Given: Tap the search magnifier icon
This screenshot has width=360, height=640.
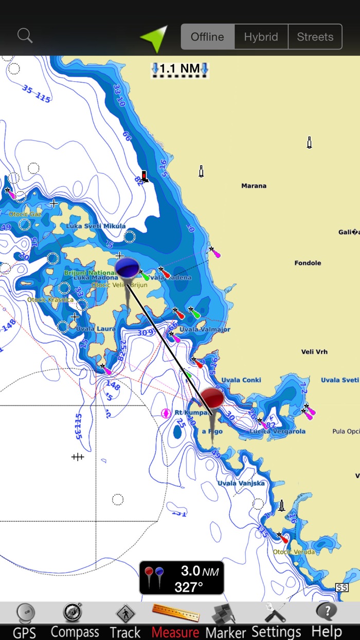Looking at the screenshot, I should pos(25,35).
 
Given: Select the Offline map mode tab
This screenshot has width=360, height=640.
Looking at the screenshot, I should pos(207,37).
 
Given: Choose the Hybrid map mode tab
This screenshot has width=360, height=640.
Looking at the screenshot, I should pos(261,37).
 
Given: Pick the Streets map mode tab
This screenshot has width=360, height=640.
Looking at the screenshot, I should pos(315,37).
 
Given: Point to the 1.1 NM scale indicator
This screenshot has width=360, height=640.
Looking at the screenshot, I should pos(179,69).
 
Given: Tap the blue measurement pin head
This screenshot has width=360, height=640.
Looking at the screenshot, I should pos(127,268).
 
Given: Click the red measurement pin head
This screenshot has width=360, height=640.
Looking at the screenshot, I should pos(212,398).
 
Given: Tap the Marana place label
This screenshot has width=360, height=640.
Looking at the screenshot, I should pos(254,186).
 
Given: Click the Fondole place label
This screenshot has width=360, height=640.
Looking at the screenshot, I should pos(308,263).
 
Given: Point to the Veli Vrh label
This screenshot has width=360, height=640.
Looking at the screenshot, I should pos(314,352).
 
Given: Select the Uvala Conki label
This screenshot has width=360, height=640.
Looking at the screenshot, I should pos(241,380).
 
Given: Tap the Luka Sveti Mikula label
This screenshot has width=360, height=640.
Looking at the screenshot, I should pos(96,226).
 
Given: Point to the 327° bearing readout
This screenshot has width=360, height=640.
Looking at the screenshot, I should pos(189,587).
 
